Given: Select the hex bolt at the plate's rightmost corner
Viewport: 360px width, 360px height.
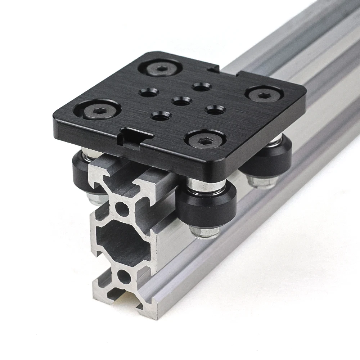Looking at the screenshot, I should (x=265, y=94).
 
